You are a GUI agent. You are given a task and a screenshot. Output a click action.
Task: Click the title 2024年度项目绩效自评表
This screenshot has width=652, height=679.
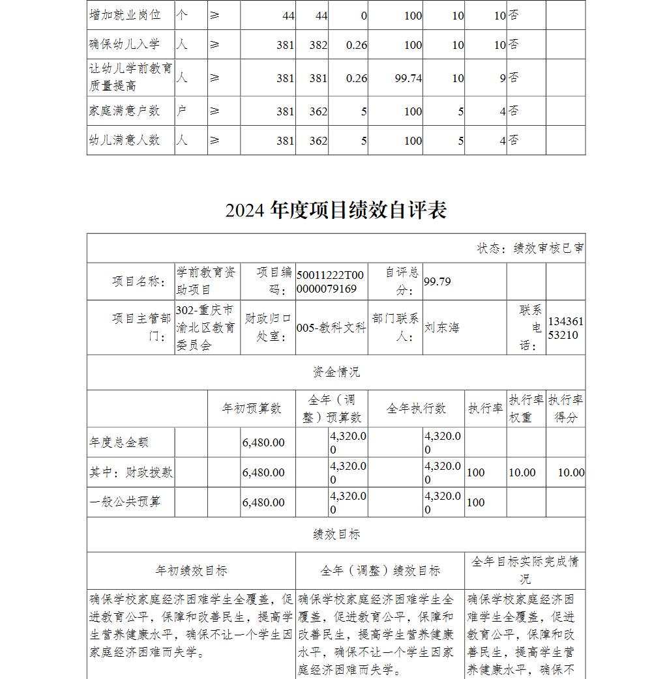(x=336, y=210)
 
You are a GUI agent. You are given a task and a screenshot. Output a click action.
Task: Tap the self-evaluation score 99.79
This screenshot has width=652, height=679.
(x=437, y=281)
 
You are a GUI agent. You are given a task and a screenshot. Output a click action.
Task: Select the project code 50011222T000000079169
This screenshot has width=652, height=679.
(x=331, y=282)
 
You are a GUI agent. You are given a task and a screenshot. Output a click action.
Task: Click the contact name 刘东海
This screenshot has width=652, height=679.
(x=441, y=327)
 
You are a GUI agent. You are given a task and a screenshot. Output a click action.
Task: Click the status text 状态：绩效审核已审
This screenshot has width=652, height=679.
(x=530, y=248)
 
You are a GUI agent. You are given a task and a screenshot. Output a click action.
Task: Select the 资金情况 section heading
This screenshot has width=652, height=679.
(x=336, y=372)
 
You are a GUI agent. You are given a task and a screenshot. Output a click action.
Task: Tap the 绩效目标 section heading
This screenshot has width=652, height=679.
(x=336, y=534)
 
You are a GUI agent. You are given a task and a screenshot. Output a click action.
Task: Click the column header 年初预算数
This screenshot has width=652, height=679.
(x=252, y=409)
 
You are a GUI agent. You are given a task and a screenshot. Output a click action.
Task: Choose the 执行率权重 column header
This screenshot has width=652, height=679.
(x=526, y=409)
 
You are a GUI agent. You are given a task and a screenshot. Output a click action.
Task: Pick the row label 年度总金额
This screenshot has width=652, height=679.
(x=119, y=442)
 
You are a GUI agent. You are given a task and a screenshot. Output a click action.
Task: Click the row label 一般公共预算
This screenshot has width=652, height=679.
(x=125, y=502)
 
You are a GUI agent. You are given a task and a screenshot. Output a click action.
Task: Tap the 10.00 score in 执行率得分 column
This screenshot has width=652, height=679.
(x=570, y=472)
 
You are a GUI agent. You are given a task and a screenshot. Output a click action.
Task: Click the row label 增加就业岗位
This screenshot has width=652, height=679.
(x=125, y=14)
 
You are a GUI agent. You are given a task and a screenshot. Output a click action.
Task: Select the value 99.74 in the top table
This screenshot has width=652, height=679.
(x=408, y=78)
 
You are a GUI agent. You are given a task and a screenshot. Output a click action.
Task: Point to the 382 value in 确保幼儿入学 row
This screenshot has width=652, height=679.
(x=318, y=45)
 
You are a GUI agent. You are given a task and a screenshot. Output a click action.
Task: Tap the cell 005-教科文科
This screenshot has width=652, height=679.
(x=331, y=328)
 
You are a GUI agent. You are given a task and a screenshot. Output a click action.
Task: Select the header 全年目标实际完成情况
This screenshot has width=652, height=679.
(x=525, y=570)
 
